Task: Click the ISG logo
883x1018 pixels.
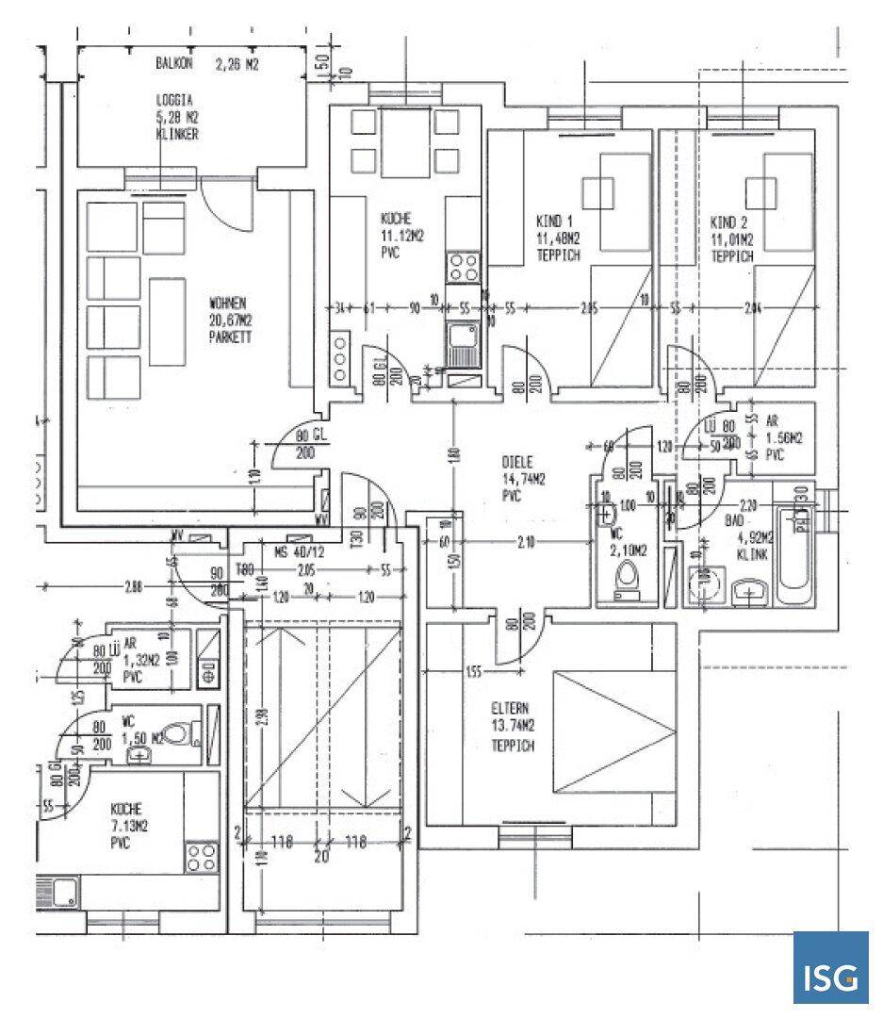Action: pos(830,968)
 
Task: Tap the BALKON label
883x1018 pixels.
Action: pos(174,64)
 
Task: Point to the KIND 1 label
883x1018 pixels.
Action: pos(553,223)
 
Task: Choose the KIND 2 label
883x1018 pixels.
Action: pos(729,223)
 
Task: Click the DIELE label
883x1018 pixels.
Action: pos(518,463)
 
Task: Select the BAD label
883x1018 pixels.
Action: pos(730,519)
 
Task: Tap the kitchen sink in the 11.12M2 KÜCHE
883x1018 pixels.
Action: pos(462,343)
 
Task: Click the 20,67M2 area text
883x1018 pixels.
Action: pos(230,320)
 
